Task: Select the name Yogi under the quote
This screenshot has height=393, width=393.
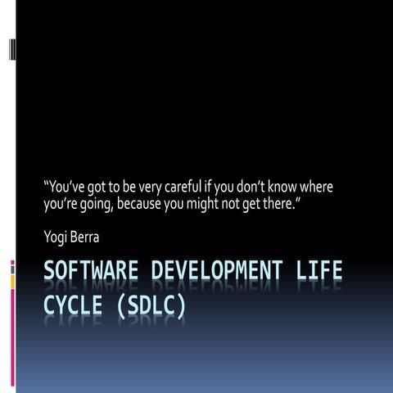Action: tap(56, 237)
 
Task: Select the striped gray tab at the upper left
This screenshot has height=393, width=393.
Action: tap(12, 50)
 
